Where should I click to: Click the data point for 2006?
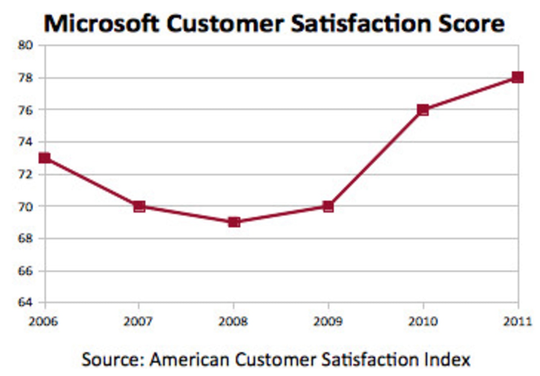[x=45, y=158]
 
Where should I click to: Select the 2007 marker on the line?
[x=139, y=207]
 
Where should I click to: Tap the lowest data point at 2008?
[x=234, y=222]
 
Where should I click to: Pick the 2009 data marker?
[x=328, y=207]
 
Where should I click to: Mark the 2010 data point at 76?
[x=423, y=110]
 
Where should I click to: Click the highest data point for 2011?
[x=518, y=77]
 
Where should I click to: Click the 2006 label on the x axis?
[x=43, y=321]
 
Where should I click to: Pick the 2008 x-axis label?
[x=233, y=321]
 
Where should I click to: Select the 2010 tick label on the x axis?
[x=423, y=321]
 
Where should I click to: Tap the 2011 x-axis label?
[x=517, y=321]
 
